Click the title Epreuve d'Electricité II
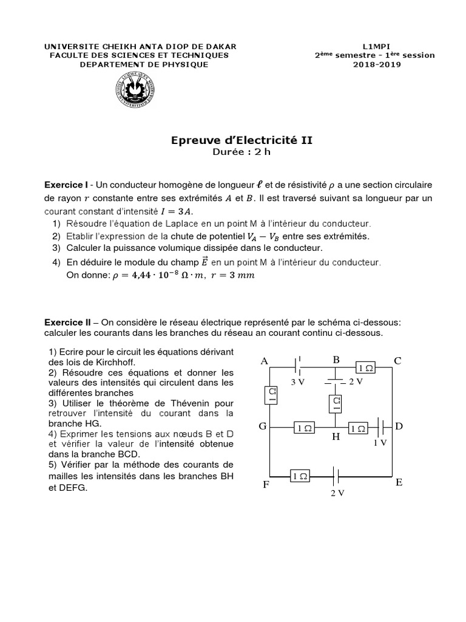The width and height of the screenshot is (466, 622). tap(242, 140)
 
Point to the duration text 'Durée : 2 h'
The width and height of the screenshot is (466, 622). tap(242, 152)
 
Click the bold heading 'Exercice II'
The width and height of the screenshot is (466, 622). tap(67, 322)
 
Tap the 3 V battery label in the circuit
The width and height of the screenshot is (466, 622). tap(298, 382)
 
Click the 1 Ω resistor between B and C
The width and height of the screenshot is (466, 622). tap(365, 368)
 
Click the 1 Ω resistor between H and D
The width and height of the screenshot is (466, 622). tap(358, 428)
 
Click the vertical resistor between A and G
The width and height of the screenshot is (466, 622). tap(272, 395)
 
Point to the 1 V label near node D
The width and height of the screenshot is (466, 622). tap(380, 443)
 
